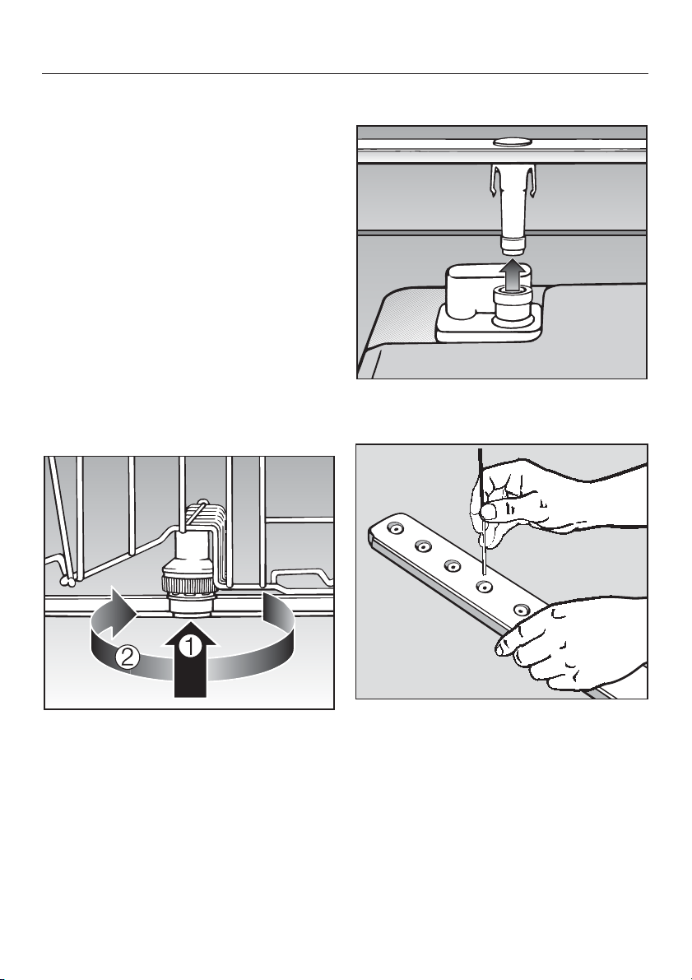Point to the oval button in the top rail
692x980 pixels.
(x=511, y=142)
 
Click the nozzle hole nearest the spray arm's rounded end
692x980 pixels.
(x=394, y=529)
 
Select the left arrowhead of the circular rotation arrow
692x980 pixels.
(x=122, y=604)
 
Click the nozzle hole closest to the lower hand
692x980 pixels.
(x=519, y=609)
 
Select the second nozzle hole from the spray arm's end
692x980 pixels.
(x=423, y=547)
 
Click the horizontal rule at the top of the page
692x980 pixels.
(x=345, y=74)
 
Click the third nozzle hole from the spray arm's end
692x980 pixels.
(x=452, y=566)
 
